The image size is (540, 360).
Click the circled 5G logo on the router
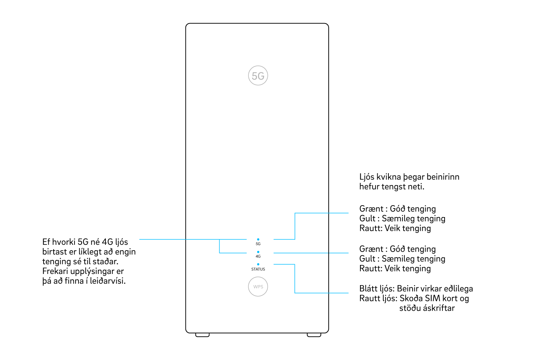tap(258, 76)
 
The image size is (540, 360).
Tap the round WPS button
tap(258, 287)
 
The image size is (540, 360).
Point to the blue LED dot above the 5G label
tap(258, 239)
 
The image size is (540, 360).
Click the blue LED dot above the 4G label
tap(258, 252)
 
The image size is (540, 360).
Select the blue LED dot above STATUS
tap(258, 264)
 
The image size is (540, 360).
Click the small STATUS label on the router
tap(258, 269)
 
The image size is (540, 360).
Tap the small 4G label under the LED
tap(258, 257)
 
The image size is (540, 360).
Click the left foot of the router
tap(202, 335)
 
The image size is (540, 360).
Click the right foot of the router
tap(314, 335)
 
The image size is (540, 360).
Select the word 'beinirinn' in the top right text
tap(443, 177)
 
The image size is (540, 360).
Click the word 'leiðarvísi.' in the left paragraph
tap(108, 281)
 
